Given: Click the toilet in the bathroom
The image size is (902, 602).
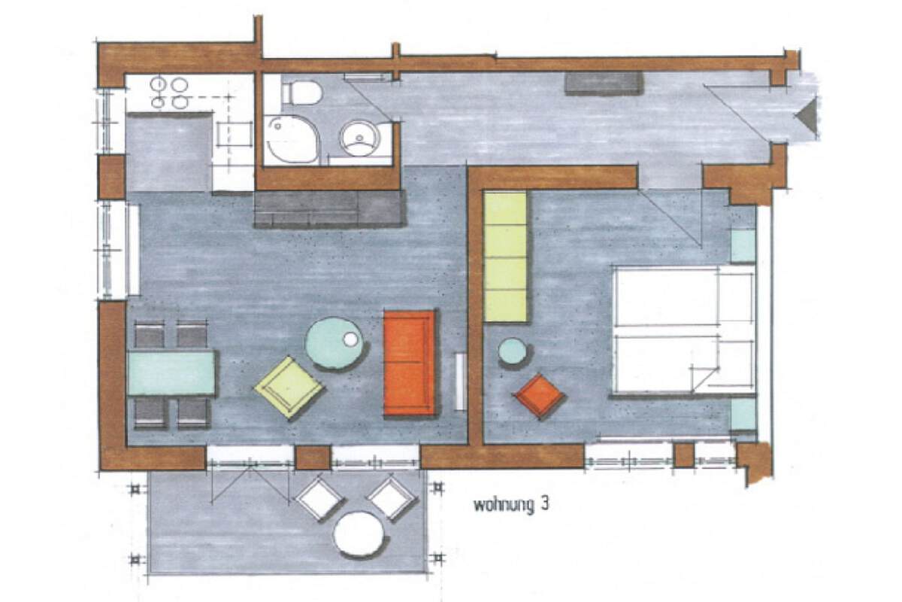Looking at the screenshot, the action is pos(302,93).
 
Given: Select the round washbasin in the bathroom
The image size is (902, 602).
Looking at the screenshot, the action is pos(359,138).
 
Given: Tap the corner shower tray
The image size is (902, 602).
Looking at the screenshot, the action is pos(292,139).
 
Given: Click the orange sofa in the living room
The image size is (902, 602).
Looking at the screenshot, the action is pos(410,363).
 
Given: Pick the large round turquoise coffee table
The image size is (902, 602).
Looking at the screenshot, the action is pos(334,343).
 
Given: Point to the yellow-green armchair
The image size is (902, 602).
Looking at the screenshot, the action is pos(289,387).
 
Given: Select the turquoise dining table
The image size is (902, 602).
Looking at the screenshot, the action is pos(171,373).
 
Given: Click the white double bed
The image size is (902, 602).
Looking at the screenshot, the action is pos(683,330).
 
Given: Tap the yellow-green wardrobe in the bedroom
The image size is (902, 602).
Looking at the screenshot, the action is pos(505,257).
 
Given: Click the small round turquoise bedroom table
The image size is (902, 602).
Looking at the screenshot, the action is pos(512,351).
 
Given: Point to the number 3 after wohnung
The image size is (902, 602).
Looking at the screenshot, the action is pos(544,505).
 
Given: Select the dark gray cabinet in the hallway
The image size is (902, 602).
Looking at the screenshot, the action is pos(604,84).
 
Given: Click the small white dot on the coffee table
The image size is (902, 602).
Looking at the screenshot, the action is pos(350,339).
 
